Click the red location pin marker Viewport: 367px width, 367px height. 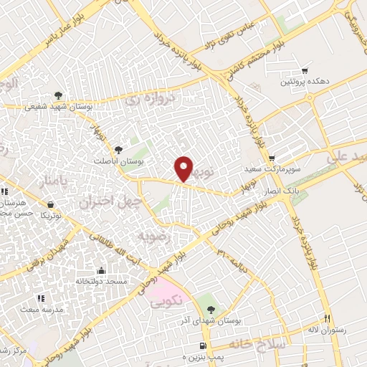[x=184, y=168]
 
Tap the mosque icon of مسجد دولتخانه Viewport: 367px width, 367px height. [x=100, y=270]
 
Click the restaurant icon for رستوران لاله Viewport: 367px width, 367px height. [x=327, y=318]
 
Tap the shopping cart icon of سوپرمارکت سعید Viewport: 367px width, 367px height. [x=271, y=158]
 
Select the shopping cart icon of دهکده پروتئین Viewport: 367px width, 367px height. [x=305, y=71]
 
